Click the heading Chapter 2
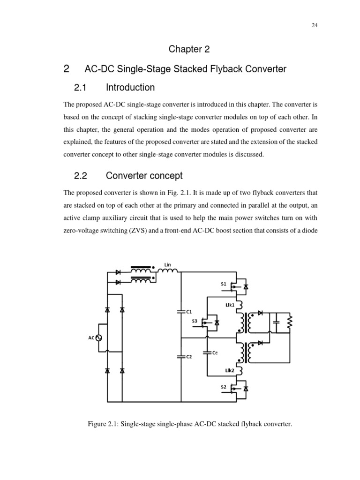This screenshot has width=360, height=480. point(180,49)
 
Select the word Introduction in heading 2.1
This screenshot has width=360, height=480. point(130,88)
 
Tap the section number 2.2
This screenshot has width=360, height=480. point(81,176)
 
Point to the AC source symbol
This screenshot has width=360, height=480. point(99,337)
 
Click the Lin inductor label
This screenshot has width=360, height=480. point(167,264)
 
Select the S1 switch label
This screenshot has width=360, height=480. point(223,284)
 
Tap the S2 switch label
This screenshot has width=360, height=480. point(223,387)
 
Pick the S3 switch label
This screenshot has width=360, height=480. point(194,321)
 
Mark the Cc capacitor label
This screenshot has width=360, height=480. point(215,352)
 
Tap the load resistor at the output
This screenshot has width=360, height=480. point(290,322)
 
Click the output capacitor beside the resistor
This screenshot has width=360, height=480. point(277,322)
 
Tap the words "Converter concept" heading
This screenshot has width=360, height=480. point(144,176)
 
